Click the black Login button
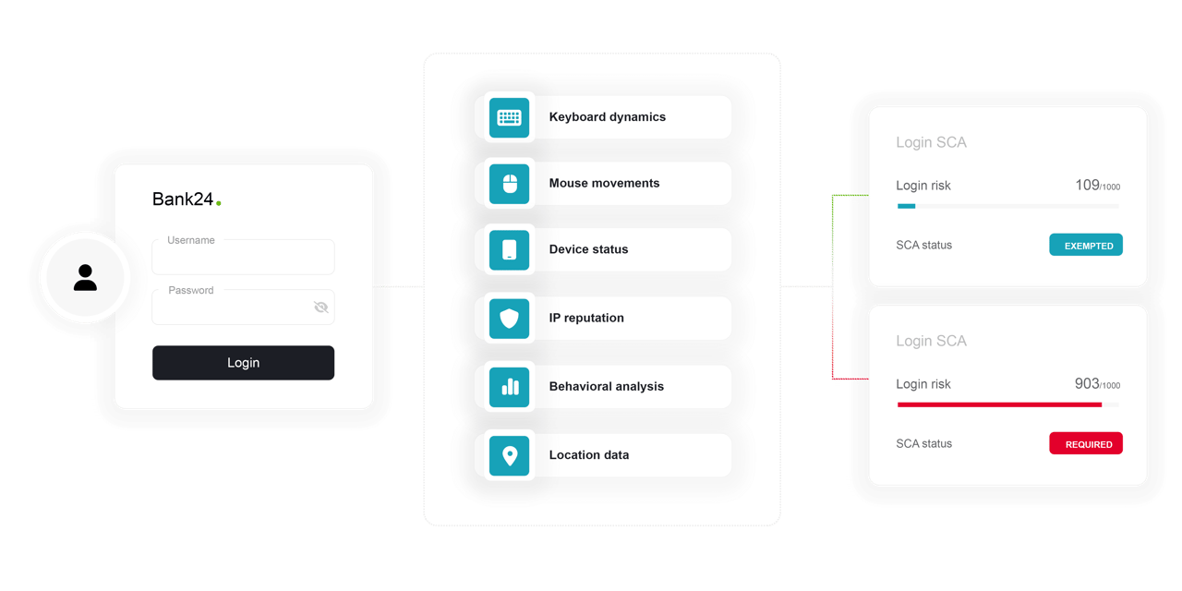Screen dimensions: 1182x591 click(243, 363)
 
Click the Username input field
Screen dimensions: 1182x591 click(243, 258)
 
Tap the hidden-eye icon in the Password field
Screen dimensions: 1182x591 click(320, 308)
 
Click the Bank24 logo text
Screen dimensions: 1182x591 click(183, 199)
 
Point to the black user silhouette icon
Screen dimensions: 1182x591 click(85, 278)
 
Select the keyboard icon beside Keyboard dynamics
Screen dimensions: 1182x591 click(509, 117)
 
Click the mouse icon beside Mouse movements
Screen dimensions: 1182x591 click(509, 184)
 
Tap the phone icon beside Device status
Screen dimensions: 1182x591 click(509, 249)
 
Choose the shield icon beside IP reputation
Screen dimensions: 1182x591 click(509, 319)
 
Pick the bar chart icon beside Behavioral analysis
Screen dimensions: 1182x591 click(509, 387)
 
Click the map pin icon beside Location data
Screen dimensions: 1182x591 click(509, 455)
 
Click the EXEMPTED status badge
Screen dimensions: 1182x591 click(1086, 245)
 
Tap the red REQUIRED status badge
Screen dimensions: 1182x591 click(1086, 443)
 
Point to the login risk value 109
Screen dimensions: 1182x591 click(1087, 186)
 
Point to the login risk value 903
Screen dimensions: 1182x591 click(1087, 383)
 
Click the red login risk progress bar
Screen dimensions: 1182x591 click(999, 404)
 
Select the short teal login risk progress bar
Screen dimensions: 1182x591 click(906, 206)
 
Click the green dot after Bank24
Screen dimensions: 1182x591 click(219, 203)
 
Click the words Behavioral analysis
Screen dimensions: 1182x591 click(607, 386)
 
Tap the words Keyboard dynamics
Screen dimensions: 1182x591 click(608, 116)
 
